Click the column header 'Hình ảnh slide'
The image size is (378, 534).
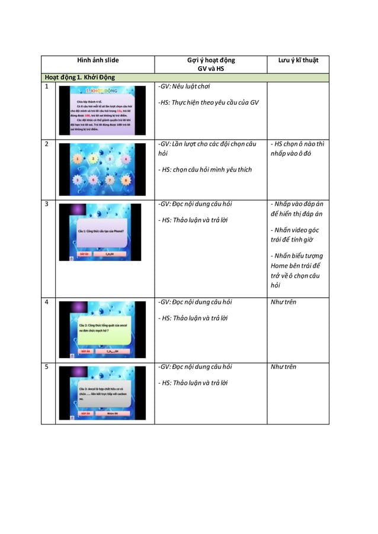click(x=98, y=60)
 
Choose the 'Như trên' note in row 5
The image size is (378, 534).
click(x=283, y=367)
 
